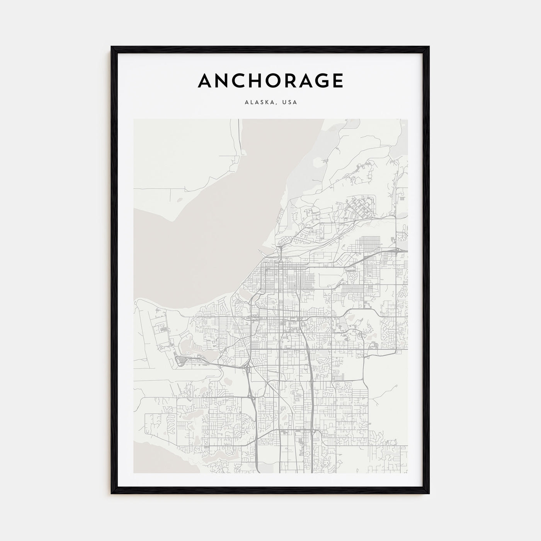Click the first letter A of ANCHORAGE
click(x=205, y=81)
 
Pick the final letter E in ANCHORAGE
click(x=337, y=81)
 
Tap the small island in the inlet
click(x=179, y=200)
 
